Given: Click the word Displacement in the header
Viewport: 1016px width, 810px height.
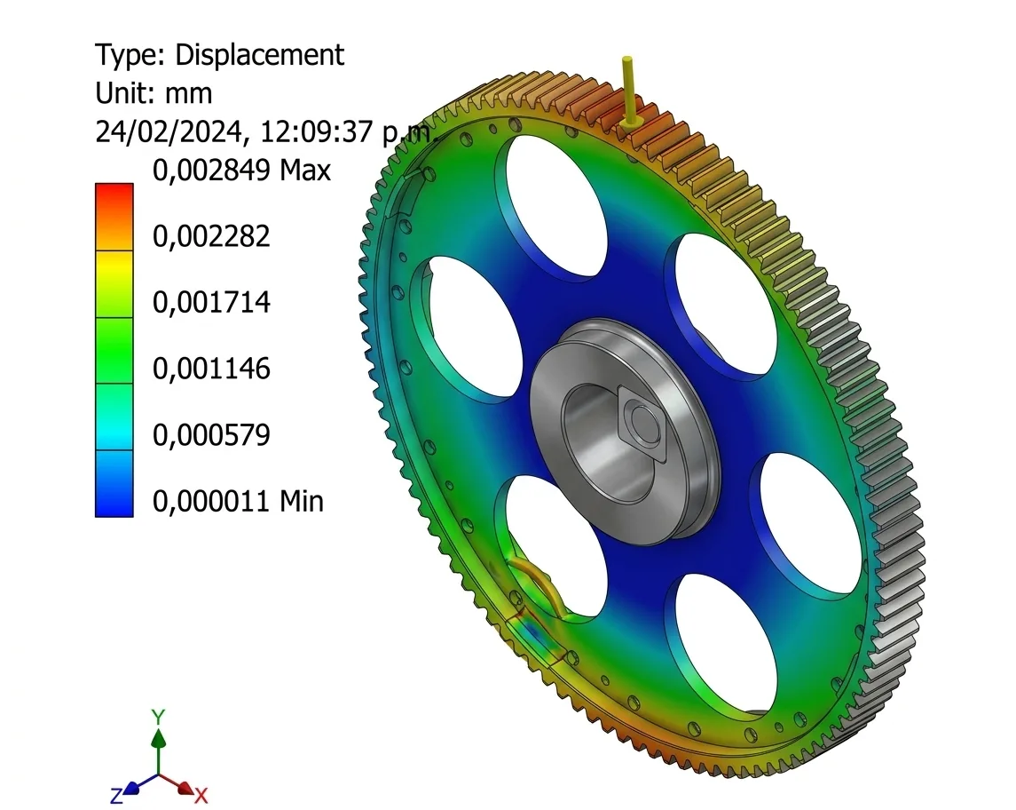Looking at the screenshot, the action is pos(259,55).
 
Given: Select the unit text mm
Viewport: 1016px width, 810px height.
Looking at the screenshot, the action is pos(188,94).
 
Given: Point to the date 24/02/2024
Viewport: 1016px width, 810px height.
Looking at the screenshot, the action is pos(169,132).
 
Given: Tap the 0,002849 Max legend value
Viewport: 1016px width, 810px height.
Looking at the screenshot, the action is pos(241,171).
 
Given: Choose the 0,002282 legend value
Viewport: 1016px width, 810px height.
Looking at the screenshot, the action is pos(211,237).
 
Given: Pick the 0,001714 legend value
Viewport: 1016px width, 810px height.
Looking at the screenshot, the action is pos(211,303).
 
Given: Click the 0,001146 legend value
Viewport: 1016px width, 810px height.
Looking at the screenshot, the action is pos(211,369).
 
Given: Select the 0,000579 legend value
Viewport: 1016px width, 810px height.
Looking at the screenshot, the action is pos(211,435).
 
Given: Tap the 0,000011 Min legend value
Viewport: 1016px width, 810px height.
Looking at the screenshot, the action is pos(238,502).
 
